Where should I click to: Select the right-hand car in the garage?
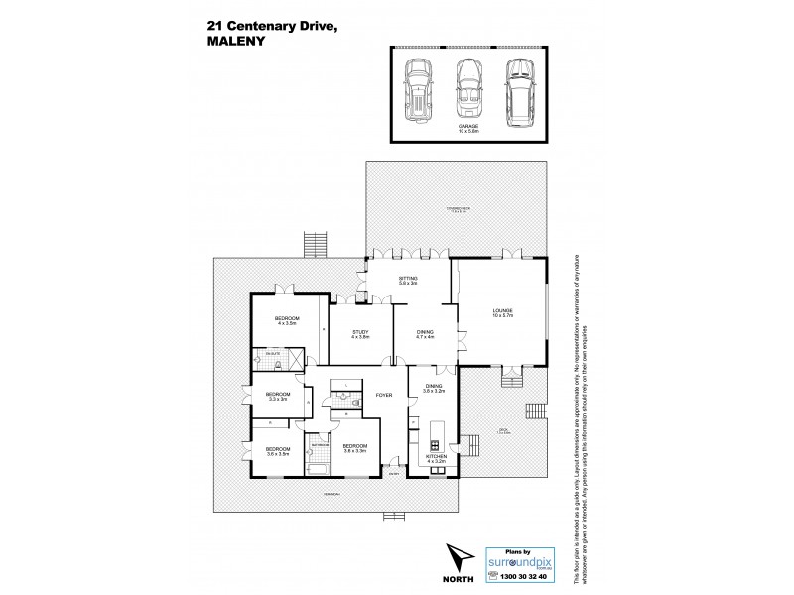point(516,90)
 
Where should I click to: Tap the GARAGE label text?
point(468,128)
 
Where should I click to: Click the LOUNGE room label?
point(501,314)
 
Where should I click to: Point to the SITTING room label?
point(408,281)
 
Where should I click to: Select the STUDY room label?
point(359,334)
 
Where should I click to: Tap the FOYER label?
point(383,395)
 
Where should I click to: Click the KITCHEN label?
point(437,458)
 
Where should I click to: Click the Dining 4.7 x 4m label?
point(425,335)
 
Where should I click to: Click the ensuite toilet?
point(282,365)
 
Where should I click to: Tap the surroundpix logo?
point(523,560)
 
